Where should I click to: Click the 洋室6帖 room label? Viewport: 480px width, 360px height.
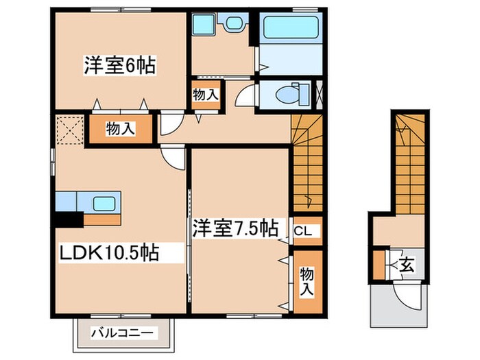120,67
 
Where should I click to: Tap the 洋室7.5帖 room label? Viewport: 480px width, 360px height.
235,227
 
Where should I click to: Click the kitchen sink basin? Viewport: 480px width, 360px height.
104,203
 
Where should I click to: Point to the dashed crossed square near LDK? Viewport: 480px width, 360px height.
69,130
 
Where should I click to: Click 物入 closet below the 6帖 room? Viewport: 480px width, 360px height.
119,128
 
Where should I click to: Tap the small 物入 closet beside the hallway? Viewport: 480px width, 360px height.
205,94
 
